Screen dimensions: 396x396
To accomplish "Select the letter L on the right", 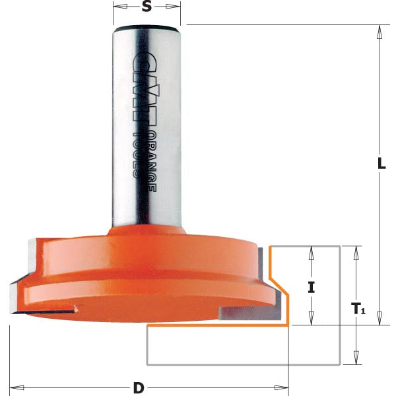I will [381, 165].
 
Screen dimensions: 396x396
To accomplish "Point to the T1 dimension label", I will [358, 308].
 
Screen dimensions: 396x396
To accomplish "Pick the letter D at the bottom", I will [139, 387].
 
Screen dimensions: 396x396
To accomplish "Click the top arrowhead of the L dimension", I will [379, 30].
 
